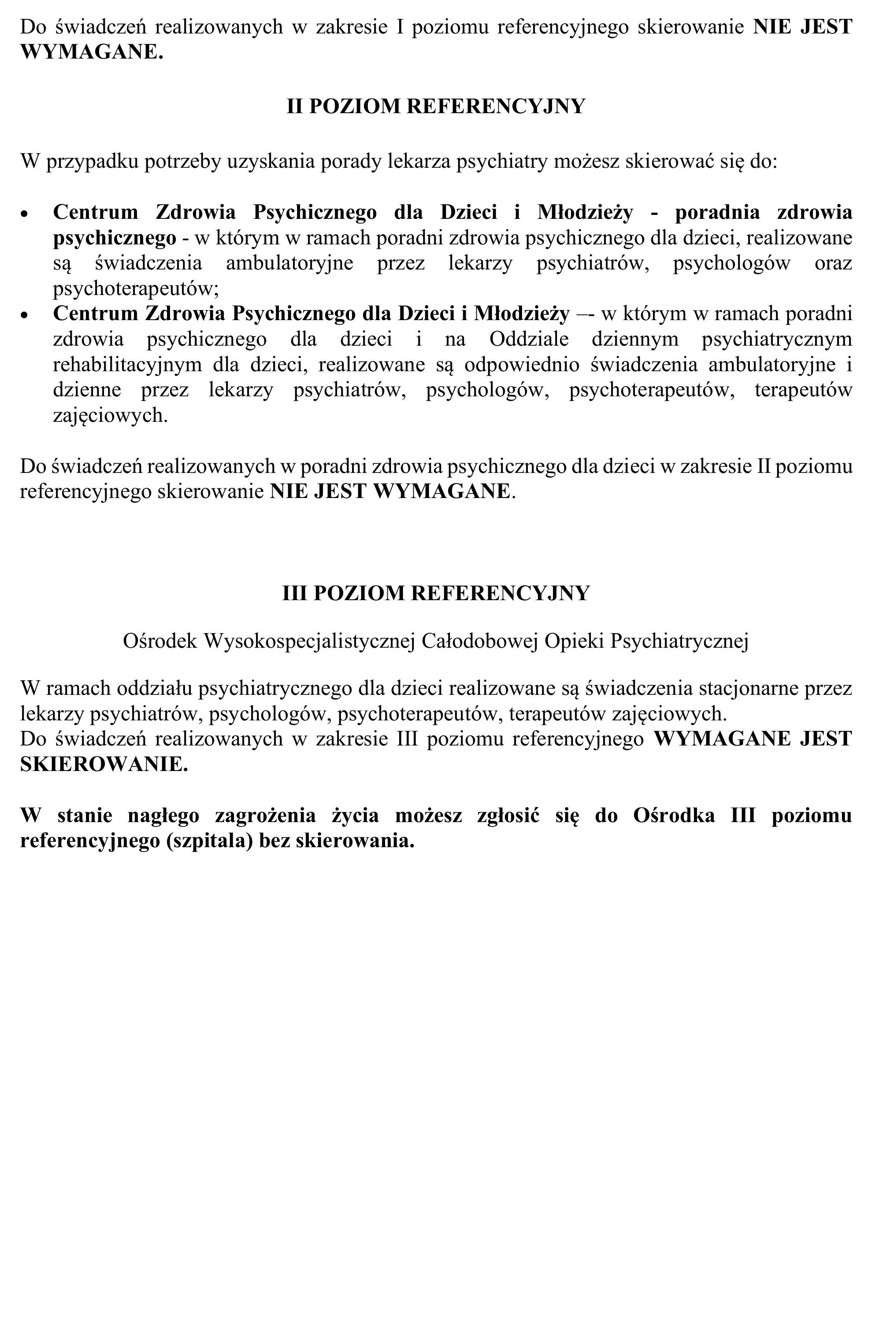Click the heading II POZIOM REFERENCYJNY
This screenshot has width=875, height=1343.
[x=436, y=106]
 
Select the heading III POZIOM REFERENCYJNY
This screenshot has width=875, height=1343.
[x=436, y=593]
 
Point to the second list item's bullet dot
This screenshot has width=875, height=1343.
[x=24, y=315]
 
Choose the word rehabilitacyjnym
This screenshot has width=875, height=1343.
[x=127, y=365]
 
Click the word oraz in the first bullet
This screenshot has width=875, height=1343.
[x=833, y=263]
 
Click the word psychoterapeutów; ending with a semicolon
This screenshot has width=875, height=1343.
[x=136, y=288]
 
